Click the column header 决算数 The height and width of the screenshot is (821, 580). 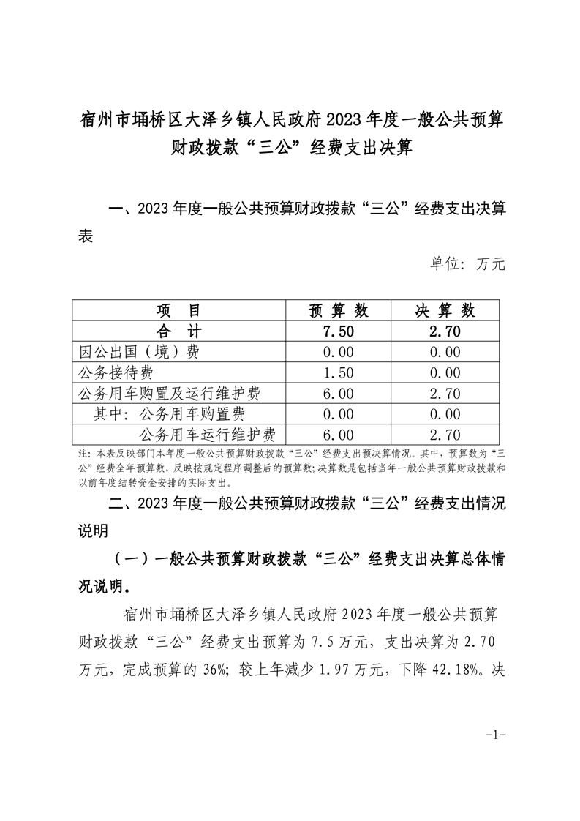click(x=445, y=310)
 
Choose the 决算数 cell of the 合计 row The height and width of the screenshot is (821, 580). click(x=445, y=331)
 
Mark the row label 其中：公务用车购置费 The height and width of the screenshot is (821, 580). click(x=169, y=414)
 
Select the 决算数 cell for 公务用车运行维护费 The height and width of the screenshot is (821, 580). click(x=445, y=435)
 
